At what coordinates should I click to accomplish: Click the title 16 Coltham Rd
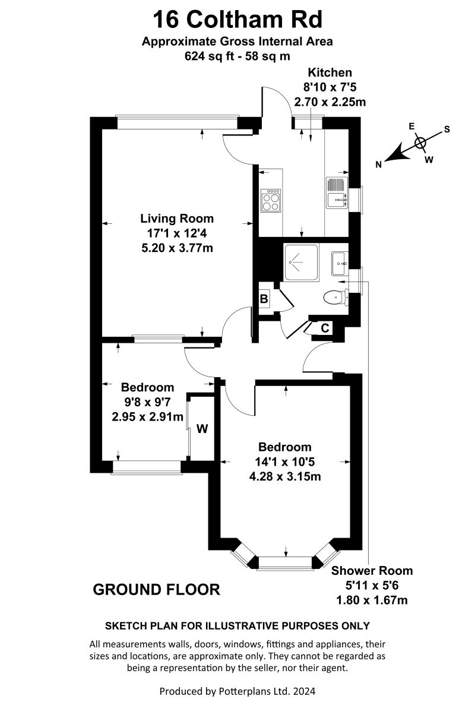click(x=237, y=20)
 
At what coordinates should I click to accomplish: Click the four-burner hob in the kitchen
click(x=271, y=200)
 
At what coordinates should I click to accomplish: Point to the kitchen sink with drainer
click(x=337, y=194)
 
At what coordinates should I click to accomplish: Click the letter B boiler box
click(x=264, y=299)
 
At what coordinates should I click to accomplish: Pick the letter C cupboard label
click(x=325, y=328)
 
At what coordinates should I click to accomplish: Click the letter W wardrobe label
click(x=202, y=429)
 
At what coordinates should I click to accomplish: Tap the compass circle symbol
click(x=420, y=142)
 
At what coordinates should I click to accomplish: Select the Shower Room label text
click(x=372, y=571)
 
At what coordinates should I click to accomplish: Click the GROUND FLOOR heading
click(x=157, y=590)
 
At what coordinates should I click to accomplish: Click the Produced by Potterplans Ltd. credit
click(x=237, y=691)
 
